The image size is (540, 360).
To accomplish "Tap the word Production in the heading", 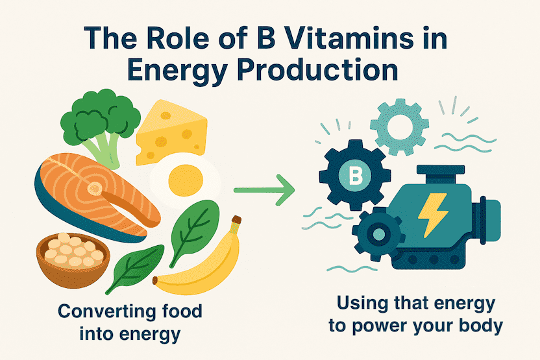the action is tap(317, 71).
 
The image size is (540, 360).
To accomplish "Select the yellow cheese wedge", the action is tap(171, 132).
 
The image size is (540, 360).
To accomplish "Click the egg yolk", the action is tap(186, 180).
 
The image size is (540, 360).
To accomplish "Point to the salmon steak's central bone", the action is tap(95, 188).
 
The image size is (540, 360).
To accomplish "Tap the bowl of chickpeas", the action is tap(73, 260).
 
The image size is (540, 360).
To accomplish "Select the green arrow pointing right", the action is tap(264, 189).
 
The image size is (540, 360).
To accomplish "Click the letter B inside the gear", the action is tap(356, 175).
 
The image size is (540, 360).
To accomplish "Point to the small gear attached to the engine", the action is tap(378, 234).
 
